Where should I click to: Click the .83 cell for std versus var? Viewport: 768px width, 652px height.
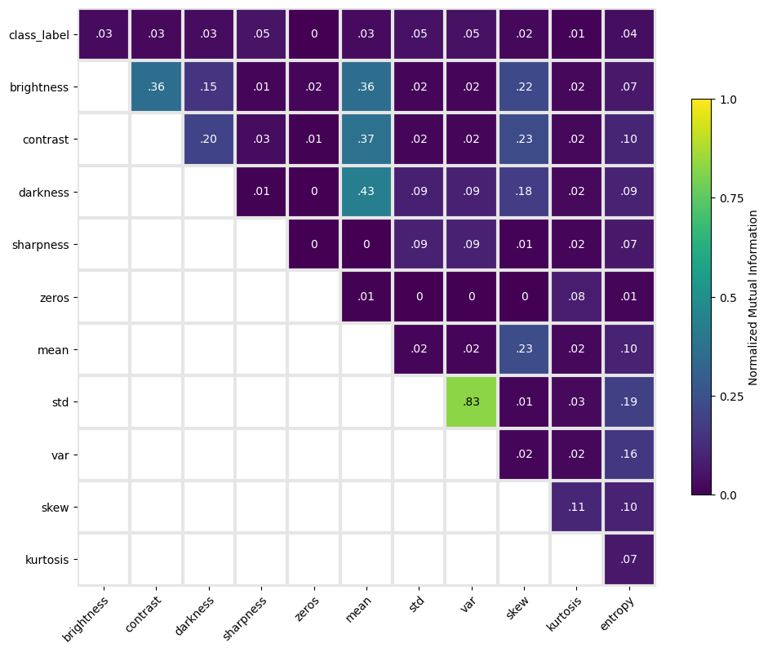pyautogui.click(x=472, y=401)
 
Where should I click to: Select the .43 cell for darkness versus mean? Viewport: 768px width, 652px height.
pyautogui.click(x=366, y=192)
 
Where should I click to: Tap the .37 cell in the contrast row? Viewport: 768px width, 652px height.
pyautogui.click(x=366, y=139)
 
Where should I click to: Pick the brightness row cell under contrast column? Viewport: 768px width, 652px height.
pyautogui.click(x=156, y=86)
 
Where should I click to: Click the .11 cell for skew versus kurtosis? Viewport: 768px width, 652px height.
pyautogui.click(x=576, y=507)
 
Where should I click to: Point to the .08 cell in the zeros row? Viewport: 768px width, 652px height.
pyautogui.click(x=576, y=297)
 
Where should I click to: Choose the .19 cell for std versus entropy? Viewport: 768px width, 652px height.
pyautogui.click(x=629, y=401)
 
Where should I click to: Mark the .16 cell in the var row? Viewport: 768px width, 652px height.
pyautogui.click(x=629, y=454)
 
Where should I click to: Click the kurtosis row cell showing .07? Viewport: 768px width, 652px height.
pyautogui.click(x=629, y=560)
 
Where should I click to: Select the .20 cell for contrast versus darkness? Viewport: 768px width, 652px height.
pyautogui.click(x=209, y=139)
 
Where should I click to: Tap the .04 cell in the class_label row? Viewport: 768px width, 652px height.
pyautogui.click(x=629, y=34)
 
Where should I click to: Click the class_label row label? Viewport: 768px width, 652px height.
pyautogui.click(x=39, y=35)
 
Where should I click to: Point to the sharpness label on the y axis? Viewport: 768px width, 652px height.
pyautogui.click(x=41, y=245)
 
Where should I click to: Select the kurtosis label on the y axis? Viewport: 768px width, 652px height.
pyautogui.click(x=47, y=560)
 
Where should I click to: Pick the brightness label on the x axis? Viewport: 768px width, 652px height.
pyautogui.click(x=86, y=619)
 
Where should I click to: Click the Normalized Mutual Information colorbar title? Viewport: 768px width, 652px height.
pyautogui.click(x=753, y=297)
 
